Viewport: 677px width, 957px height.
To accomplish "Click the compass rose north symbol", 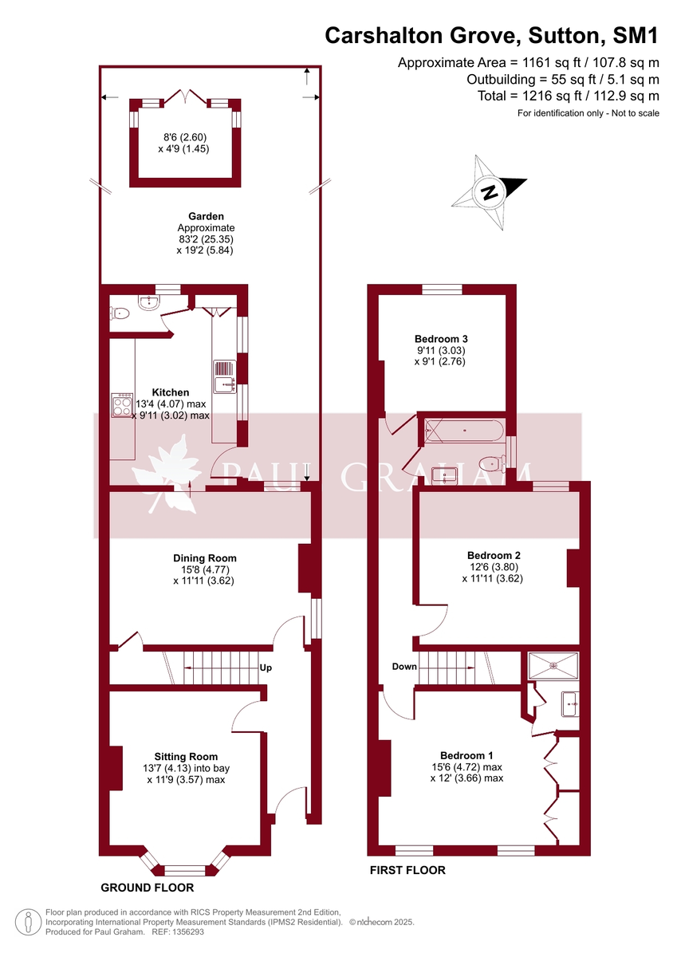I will [489, 192].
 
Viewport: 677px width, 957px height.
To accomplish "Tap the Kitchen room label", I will [171, 392].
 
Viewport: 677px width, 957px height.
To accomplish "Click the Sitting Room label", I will [186, 756].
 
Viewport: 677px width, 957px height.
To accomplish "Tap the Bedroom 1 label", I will [467, 755].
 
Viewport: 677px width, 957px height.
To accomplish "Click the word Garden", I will [206, 216].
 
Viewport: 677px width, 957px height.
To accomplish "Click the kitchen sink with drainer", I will [223, 376].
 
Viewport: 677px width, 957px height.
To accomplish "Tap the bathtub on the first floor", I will [464, 432].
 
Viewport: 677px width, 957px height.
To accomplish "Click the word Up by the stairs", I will [266, 668].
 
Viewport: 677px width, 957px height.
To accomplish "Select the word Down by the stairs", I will [403, 666].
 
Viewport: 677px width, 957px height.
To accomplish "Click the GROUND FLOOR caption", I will [147, 887].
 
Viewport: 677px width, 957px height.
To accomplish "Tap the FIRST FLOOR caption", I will [407, 870].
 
